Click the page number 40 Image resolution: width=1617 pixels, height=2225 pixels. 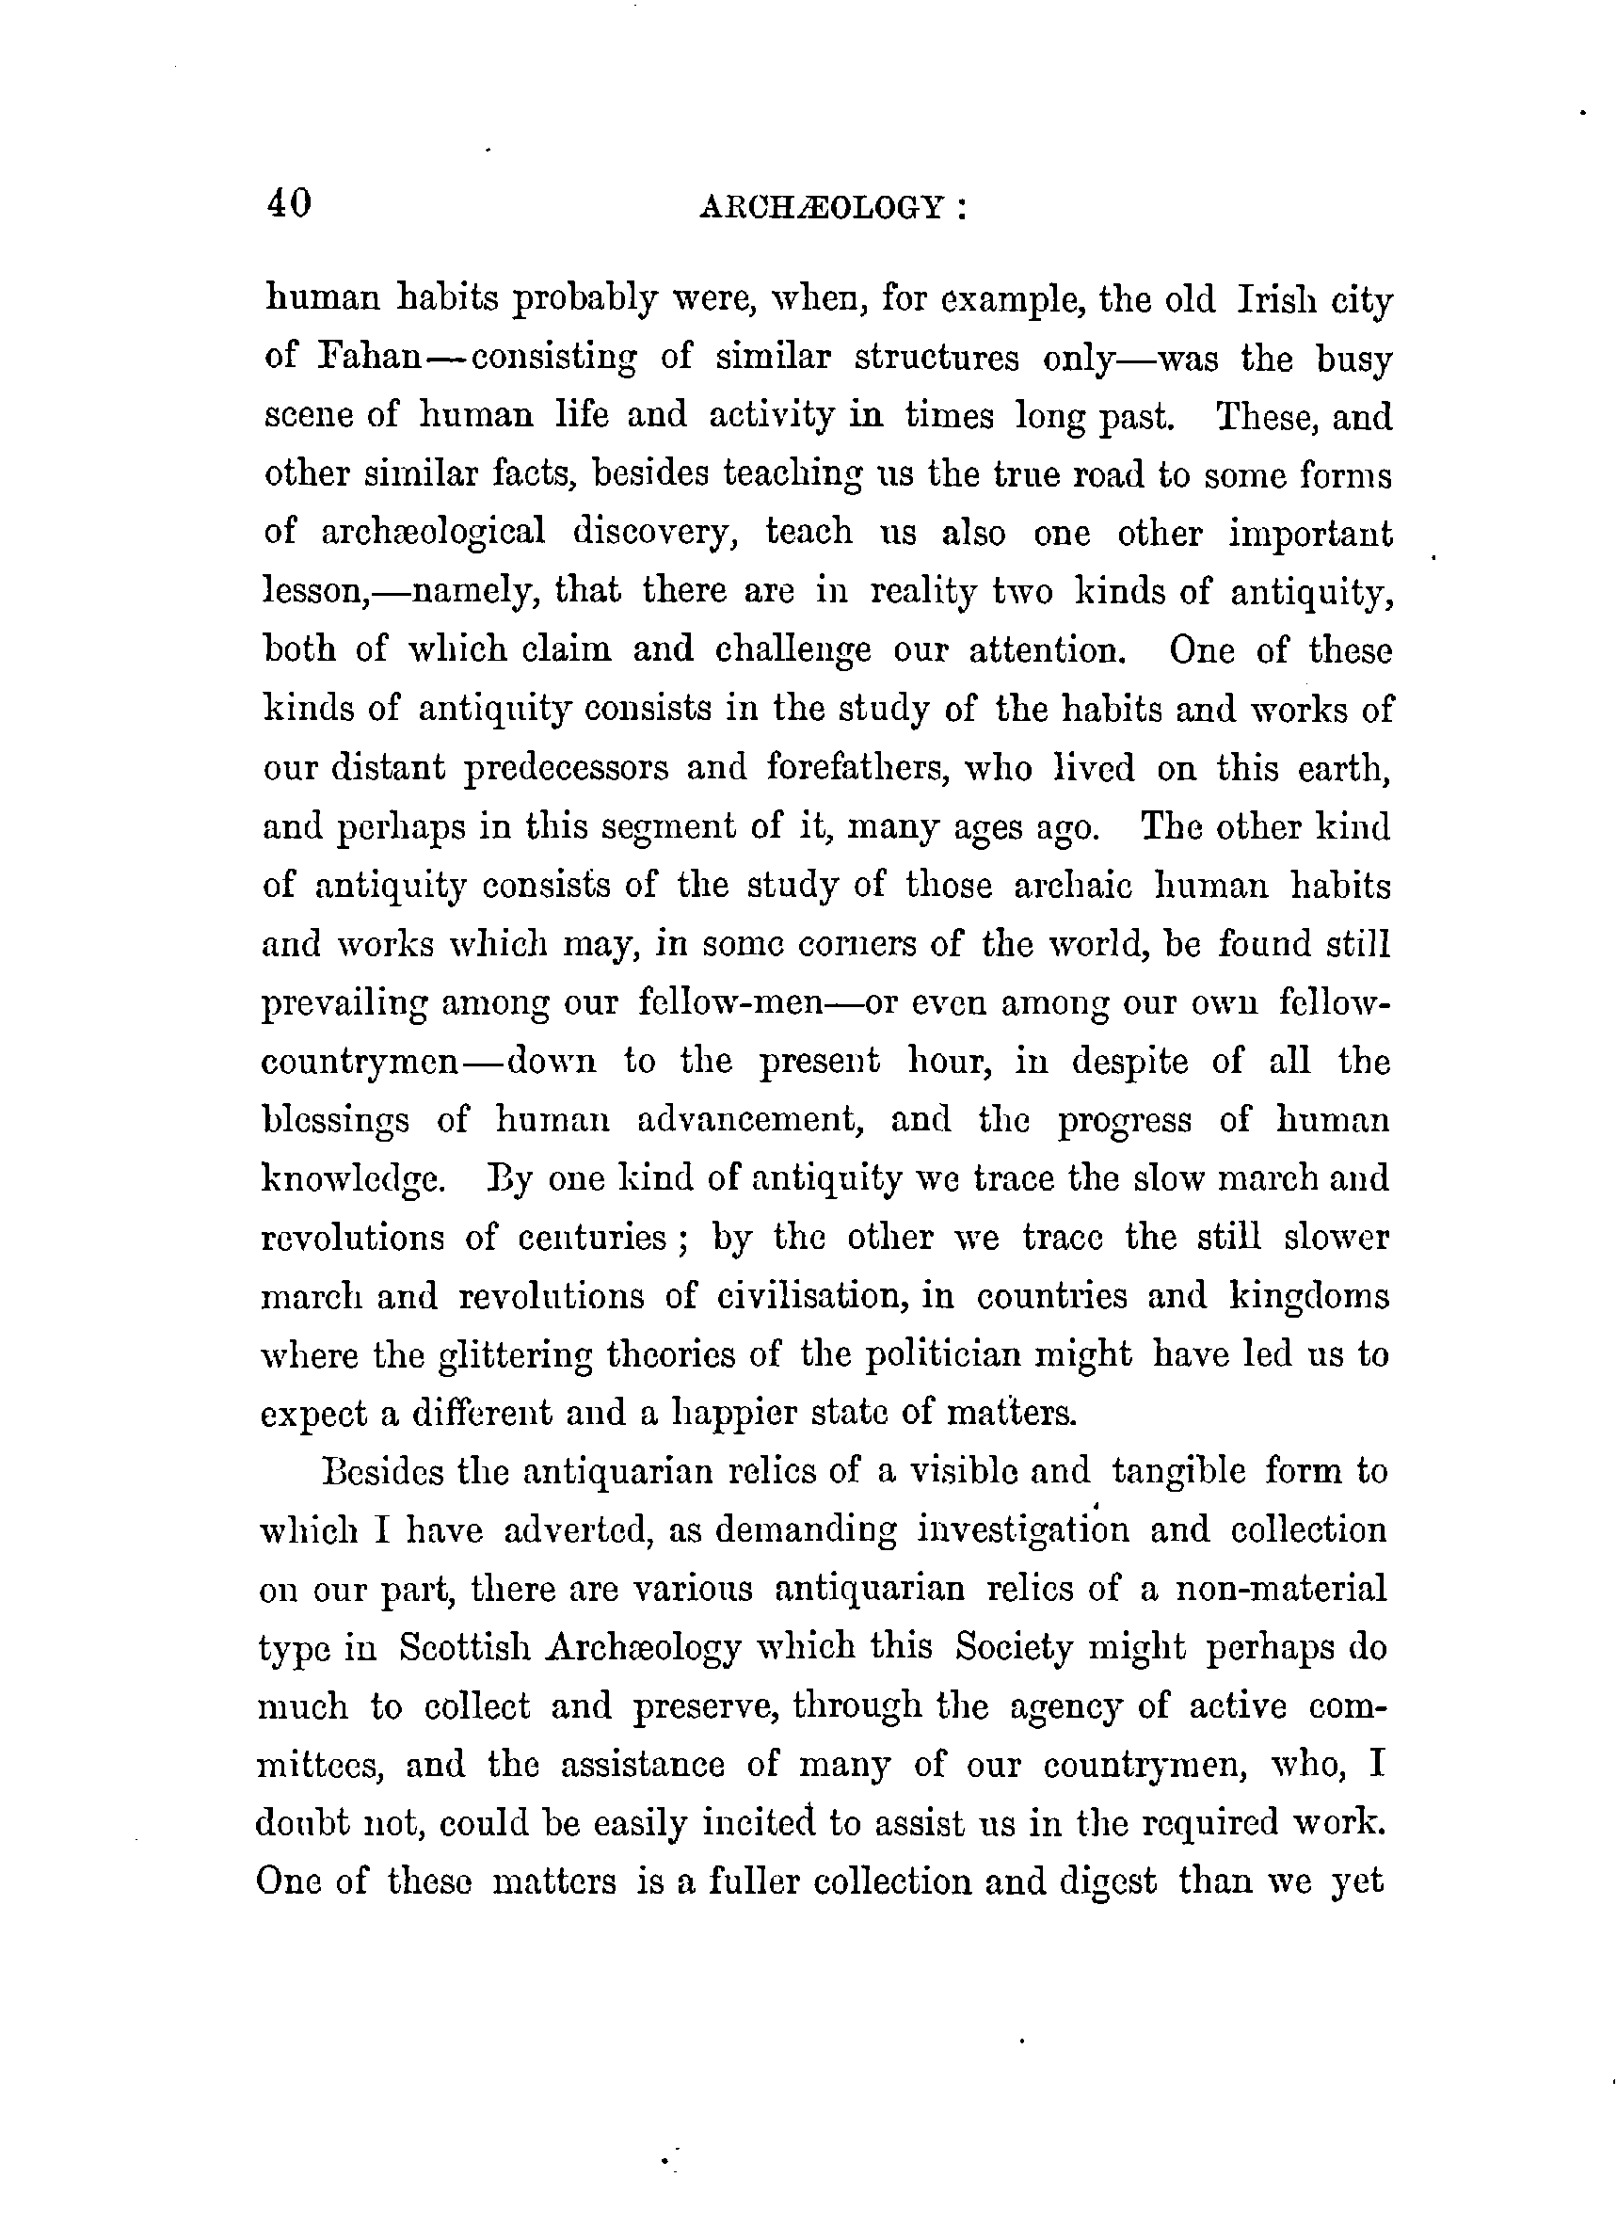[x=288, y=203]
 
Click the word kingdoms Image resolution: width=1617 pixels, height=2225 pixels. [x=1310, y=1297]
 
